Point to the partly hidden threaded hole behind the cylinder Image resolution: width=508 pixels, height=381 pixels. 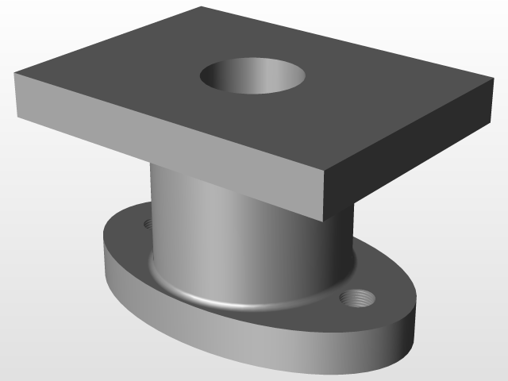[x=146, y=223]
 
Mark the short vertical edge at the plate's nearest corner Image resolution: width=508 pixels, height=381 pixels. [x=325, y=195]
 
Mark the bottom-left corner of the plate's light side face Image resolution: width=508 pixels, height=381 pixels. [x=17, y=117]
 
